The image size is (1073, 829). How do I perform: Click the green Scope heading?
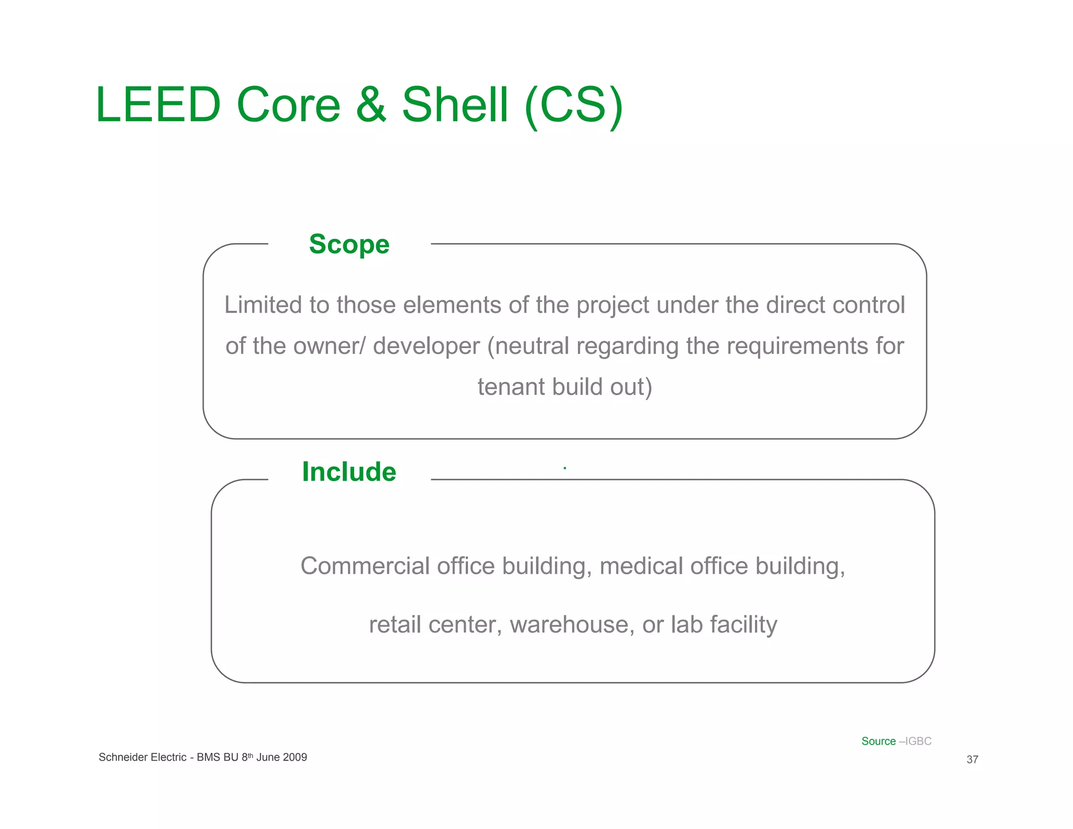[349, 244]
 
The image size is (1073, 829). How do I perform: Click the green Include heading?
[349, 472]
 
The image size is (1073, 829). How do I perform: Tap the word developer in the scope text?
[426, 346]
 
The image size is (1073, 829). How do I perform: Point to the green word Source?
[879, 741]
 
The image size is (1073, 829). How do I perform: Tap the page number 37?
[972, 759]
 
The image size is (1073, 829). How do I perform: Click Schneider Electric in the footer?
[143, 757]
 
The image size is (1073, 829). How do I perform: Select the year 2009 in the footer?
[295, 757]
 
